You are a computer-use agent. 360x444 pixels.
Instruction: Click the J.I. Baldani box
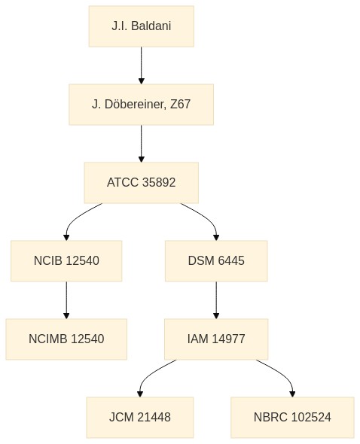tap(142, 26)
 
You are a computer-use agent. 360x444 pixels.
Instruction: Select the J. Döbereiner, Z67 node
tap(141, 104)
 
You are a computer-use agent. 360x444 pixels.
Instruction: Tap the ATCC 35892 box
tap(141, 183)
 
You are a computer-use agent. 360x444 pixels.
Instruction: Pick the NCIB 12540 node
tap(66, 261)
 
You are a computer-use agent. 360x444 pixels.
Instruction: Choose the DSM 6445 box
tap(216, 261)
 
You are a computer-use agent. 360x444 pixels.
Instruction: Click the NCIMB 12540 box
tap(66, 339)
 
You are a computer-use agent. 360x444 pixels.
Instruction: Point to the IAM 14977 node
tap(216, 339)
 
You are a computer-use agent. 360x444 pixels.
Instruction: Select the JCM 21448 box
tap(140, 418)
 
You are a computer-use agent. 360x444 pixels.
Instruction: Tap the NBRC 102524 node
tap(292, 418)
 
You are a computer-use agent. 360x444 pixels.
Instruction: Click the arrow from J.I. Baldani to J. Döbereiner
tap(141, 65)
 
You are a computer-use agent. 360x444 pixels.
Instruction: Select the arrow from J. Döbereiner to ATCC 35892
tap(141, 144)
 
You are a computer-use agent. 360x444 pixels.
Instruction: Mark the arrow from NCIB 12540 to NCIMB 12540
tap(66, 300)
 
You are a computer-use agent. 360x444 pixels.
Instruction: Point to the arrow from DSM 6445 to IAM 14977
tap(216, 300)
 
